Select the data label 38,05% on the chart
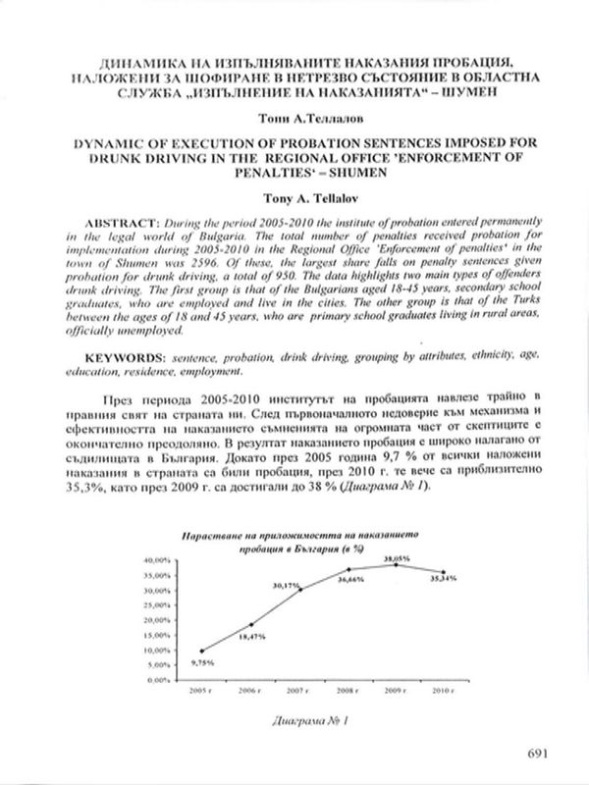(396, 556)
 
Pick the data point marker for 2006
(250, 625)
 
